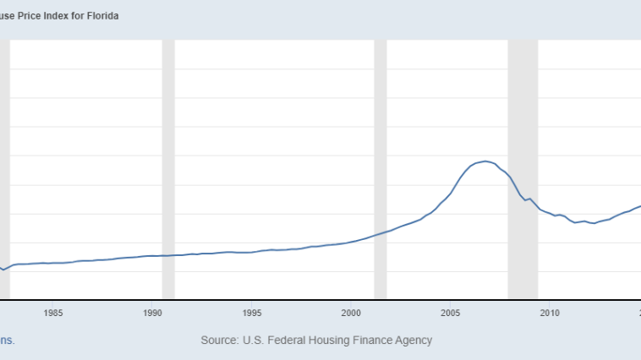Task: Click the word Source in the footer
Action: (x=218, y=340)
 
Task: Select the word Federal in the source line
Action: (x=288, y=340)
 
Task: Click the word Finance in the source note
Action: (x=373, y=340)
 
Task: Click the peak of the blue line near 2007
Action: (x=485, y=161)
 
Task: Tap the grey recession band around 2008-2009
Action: (x=523, y=169)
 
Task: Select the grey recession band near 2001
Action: (x=380, y=169)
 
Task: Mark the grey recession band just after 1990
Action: (x=168, y=169)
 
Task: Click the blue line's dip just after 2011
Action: (x=575, y=222)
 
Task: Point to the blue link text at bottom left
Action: (x=7, y=340)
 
